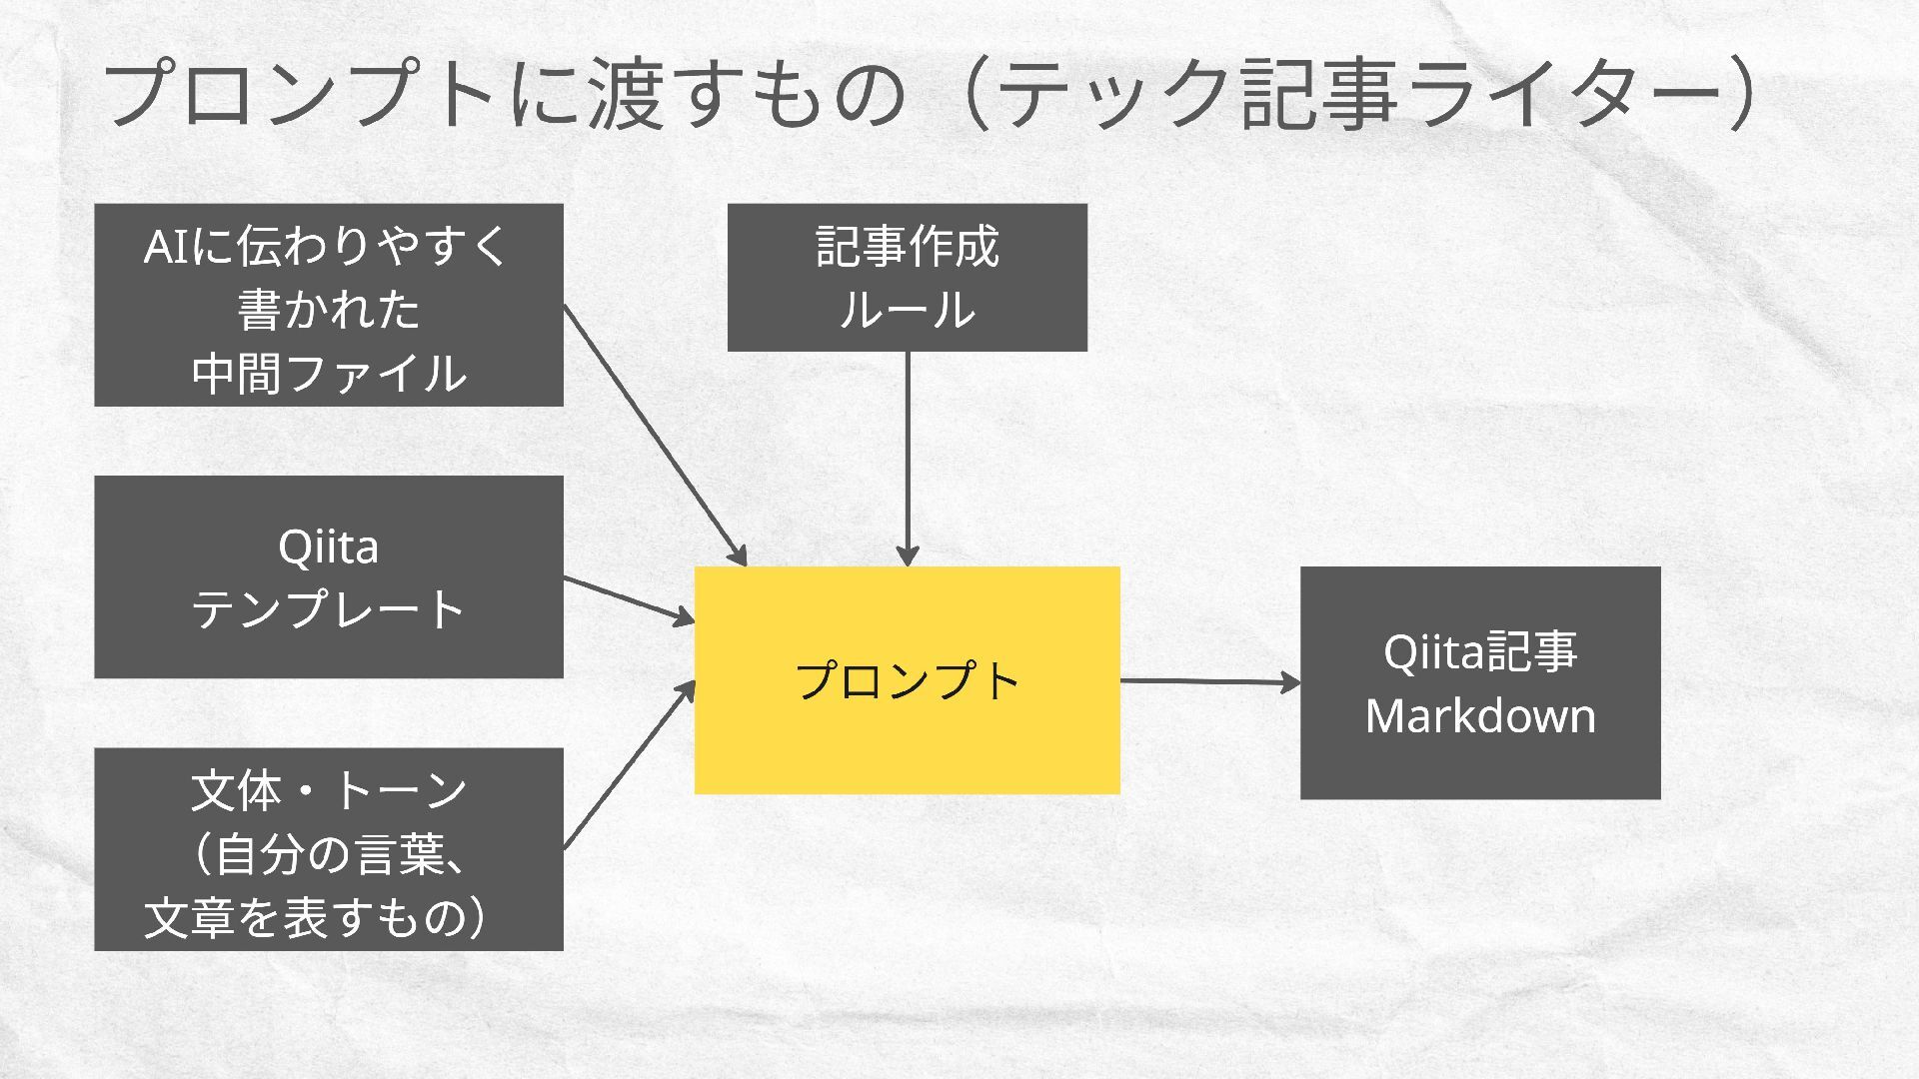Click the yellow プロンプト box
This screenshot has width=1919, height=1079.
[907, 739]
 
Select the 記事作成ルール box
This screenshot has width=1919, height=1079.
[907, 277]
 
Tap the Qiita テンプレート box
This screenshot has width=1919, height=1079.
[328, 576]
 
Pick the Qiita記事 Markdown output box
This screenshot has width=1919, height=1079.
[1479, 682]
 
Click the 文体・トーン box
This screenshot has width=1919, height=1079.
[328, 848]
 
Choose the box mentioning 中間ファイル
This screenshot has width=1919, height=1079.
[328, 305]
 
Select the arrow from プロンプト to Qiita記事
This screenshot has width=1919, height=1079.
[1209, 681]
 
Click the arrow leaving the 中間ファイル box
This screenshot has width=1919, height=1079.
[655, 435]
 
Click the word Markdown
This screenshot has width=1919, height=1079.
[1480, 716]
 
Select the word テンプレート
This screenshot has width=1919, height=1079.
[328, 608]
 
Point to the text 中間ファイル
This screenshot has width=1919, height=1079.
[328, 373]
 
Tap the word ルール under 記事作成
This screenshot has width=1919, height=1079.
[907, 310]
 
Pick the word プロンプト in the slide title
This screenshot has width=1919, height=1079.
[300, 95]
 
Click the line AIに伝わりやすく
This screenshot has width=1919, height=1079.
[328, 246]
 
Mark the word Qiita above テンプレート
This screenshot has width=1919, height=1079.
[328, 546]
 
